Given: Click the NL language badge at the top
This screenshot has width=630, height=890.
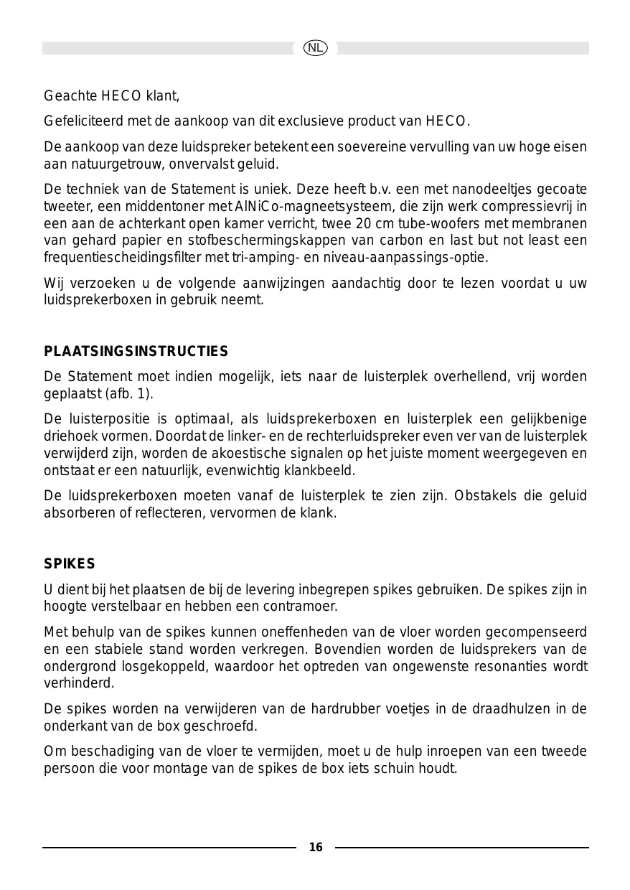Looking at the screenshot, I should [x=315, y=48].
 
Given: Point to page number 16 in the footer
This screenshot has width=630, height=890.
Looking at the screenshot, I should [x=316, y=848].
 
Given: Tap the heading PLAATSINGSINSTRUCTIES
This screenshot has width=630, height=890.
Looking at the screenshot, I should [x=136, y=352].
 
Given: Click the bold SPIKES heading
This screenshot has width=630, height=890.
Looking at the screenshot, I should [x=70, y=564].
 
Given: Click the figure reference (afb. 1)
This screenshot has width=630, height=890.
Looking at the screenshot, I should [x=129, y=394].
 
